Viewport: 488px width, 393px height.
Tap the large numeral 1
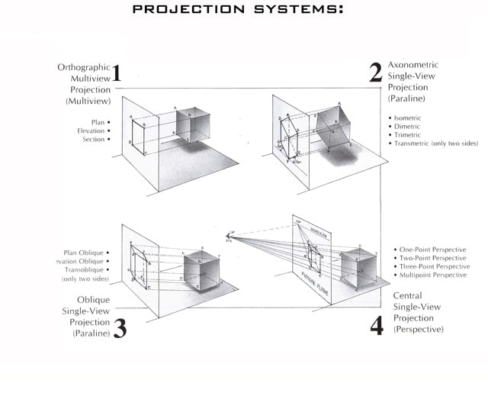pyautogui.click(x=116, y=73)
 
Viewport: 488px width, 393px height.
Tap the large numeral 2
pyautogui.click(x=375, y=73)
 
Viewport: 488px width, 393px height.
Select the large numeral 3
pyautogui.click(x=120, y=328)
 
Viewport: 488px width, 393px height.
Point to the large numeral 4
pyautogui.click(x=377, y=326)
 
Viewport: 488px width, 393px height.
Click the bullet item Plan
pyautogui.click(x=98, y=122)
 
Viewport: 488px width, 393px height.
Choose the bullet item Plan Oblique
pyautogui.click(x=85, y=252)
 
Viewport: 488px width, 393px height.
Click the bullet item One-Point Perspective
pyautogui.click(x=433, y=250)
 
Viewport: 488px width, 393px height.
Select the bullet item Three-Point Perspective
pyautogui.click(x=435, y=266)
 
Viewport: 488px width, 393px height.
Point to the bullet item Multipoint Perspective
pyautogui.click(x=432, y=275)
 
